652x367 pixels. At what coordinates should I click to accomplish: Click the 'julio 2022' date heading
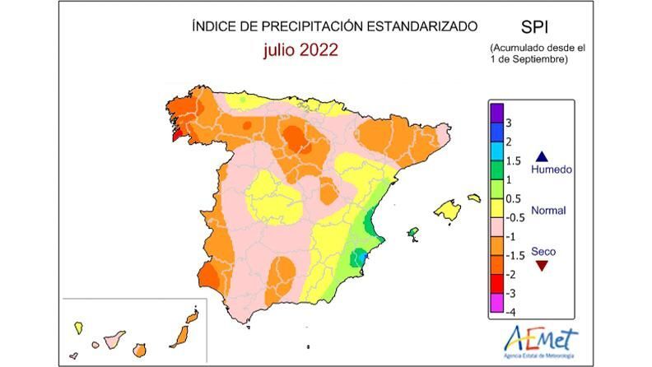pos(300,50)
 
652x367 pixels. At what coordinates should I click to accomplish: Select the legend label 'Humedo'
pos(551,170)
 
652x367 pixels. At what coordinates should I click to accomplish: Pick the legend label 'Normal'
pos(548,210)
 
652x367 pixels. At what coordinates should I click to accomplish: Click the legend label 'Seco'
pos(543,250)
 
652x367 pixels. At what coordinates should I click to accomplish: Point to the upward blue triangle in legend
pos(542,156)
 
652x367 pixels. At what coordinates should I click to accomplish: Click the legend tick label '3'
pos(510,123)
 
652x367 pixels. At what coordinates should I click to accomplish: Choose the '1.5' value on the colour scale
pos(513,161)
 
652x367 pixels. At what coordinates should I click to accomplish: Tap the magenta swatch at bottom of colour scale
pos(497,309)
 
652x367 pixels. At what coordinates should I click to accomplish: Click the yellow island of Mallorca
pos(447,210)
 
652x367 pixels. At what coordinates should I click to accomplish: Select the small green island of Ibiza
pos(412,235)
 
